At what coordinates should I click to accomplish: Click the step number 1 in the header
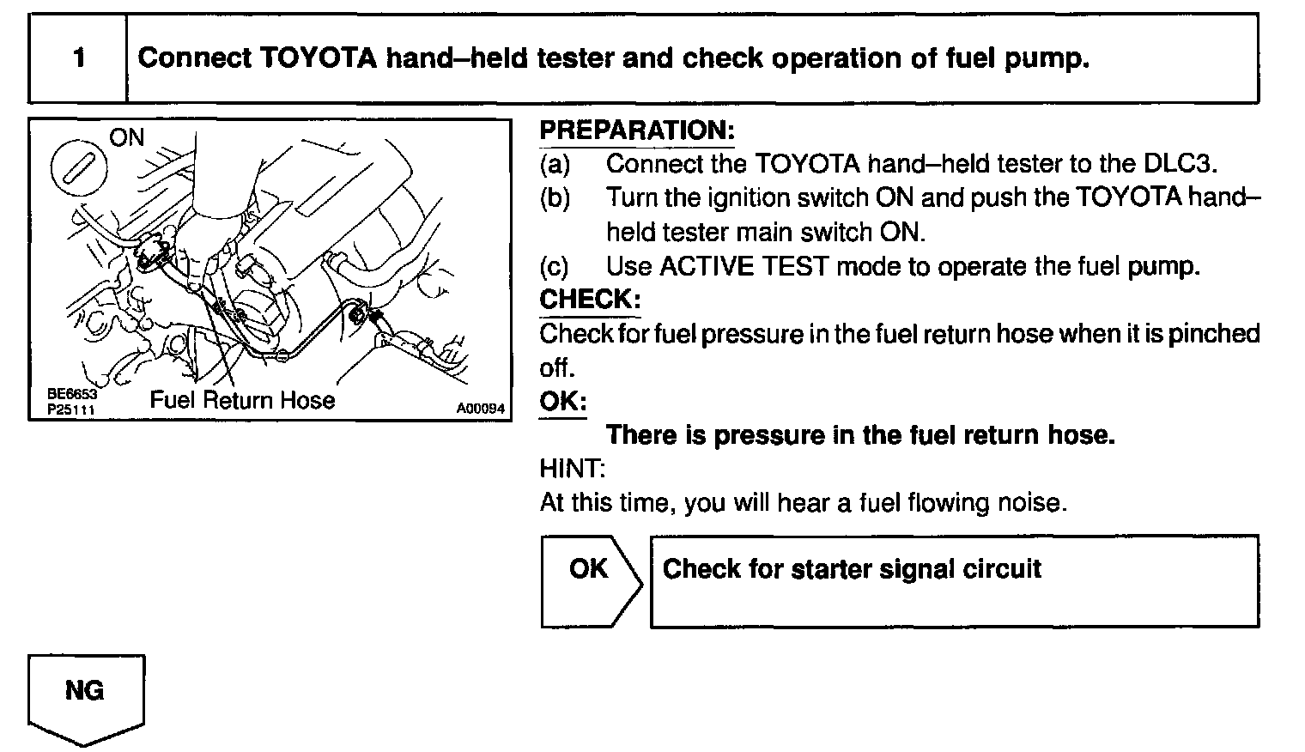(x=79, y=58)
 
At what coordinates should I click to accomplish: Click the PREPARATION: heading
(x=637, y=130)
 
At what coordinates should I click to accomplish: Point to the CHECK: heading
(x=590, y=300)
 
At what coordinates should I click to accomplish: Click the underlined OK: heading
(x=563, y=401)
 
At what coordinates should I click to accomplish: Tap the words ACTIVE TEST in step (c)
(x=744, y=266)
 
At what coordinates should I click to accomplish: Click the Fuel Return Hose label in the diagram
(x=243, y=400)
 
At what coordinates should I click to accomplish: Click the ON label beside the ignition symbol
(x=127, y=137)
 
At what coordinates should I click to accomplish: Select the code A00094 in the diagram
(x=481, y=409)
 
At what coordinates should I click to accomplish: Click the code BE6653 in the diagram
(x=72, y=395)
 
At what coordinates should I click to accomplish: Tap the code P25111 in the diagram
(x=72, y=409)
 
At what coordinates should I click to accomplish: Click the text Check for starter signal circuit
(x=852, y=569)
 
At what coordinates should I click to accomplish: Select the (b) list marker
(x=555, y=197)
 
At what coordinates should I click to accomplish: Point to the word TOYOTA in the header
(x=316, y=58)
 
